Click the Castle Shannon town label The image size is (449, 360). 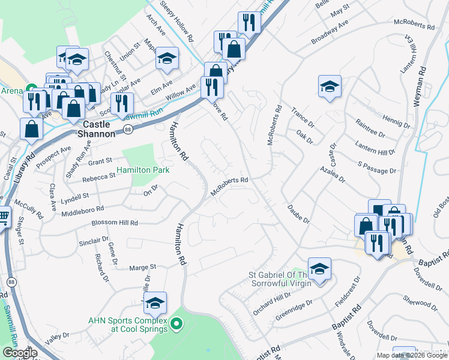(x=95, y=129)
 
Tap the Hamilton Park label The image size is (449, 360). (x=143, y=170)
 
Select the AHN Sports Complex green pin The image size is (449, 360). (x=176, y=325)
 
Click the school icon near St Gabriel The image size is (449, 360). (x=320, y=269)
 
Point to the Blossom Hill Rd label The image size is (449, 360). (x=115, y=223)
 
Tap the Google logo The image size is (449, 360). (x=20, y=353)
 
